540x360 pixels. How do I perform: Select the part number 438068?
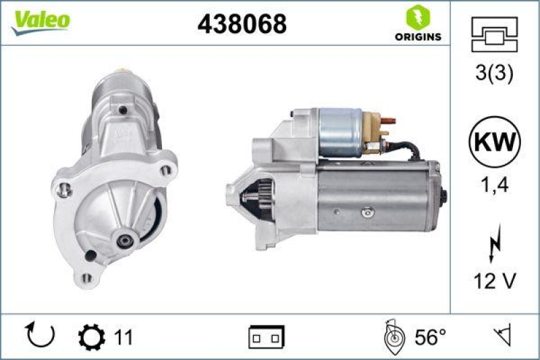click(242, 24)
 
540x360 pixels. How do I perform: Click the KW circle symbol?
click(495, 143)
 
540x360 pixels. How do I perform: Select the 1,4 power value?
click(495, 185)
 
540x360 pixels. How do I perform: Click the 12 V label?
click(495, 282)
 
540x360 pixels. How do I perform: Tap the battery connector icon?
click(267, 336)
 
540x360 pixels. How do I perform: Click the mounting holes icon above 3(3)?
click(495, 34)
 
